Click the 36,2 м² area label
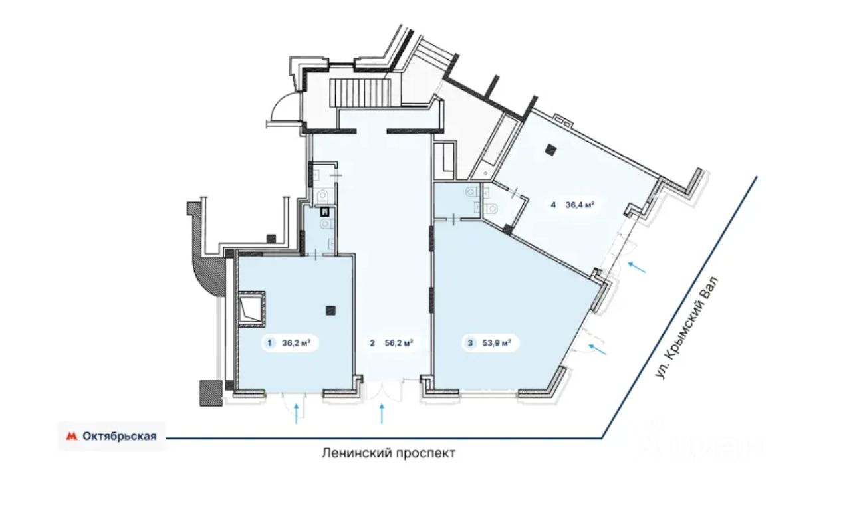coord(297,344)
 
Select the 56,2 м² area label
coord(399,344)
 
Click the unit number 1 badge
coord(269,344)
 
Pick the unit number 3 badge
coord(471,344)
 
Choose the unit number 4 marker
coord(553,205)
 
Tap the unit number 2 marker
coord(373,344)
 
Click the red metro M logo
coord(71,437)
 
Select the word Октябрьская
coord(120,437)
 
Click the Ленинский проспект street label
coord(389,453)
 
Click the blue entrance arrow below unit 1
coord(297,414)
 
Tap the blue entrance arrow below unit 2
coord(382,414)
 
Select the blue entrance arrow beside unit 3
coord(598,348)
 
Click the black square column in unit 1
coord(331,309)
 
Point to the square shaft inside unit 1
coord(251,308)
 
